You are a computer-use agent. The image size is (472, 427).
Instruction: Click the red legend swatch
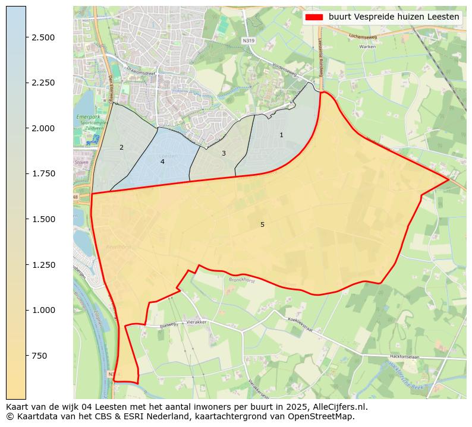[x=314, y=17]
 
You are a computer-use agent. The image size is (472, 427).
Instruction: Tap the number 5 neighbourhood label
[x=262, y=224]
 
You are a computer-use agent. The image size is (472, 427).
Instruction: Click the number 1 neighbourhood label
[x=281, y=135]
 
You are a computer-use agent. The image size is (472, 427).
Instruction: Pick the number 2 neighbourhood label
[x=121, y=147]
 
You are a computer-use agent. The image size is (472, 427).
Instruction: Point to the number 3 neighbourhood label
[x=224, y=153]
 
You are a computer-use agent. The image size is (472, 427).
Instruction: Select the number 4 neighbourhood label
[x=162, y=162]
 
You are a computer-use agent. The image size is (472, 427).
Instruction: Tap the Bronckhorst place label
[x=242, y=280]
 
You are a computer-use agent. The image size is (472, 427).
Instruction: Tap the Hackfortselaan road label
[x=404, y=356]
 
